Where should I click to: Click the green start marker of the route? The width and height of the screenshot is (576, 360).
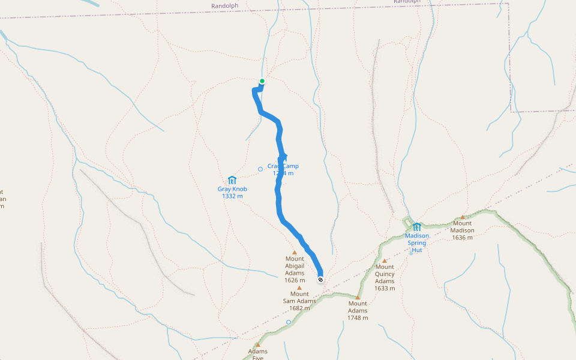coord(262,81)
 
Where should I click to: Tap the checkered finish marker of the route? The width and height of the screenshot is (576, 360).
coord(321,280)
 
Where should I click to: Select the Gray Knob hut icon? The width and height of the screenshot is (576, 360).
coord(232,180)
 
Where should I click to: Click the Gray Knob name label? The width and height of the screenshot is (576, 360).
coord(232,189)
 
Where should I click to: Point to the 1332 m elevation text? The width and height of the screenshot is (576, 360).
coord(232,196)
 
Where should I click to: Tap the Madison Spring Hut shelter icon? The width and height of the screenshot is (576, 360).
coord(416,227)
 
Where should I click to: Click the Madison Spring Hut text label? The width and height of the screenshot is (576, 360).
coord(417,242)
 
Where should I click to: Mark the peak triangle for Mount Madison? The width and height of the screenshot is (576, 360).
coord(463,217)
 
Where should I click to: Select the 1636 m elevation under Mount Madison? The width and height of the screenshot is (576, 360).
coord(463,238)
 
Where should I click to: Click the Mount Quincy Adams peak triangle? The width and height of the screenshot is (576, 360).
coord(385,260)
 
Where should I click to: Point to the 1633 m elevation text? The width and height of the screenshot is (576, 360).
coord(385,288)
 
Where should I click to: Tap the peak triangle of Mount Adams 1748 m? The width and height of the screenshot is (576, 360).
coord(358,297)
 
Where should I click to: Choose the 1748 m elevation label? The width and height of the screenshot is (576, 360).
coord(358,318)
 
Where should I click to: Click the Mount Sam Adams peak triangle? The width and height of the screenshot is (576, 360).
coord(299,287)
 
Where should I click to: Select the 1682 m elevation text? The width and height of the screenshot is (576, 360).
coord(299,308)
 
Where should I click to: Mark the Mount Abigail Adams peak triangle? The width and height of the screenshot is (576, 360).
coord(295,253)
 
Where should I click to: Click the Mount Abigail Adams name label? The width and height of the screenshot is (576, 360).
coord(295,266)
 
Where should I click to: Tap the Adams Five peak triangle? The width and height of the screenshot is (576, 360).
coord(258,345)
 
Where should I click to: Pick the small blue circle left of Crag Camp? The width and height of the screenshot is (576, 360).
coord(260,169)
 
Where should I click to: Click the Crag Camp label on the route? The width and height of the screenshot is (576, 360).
coord(283,166)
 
